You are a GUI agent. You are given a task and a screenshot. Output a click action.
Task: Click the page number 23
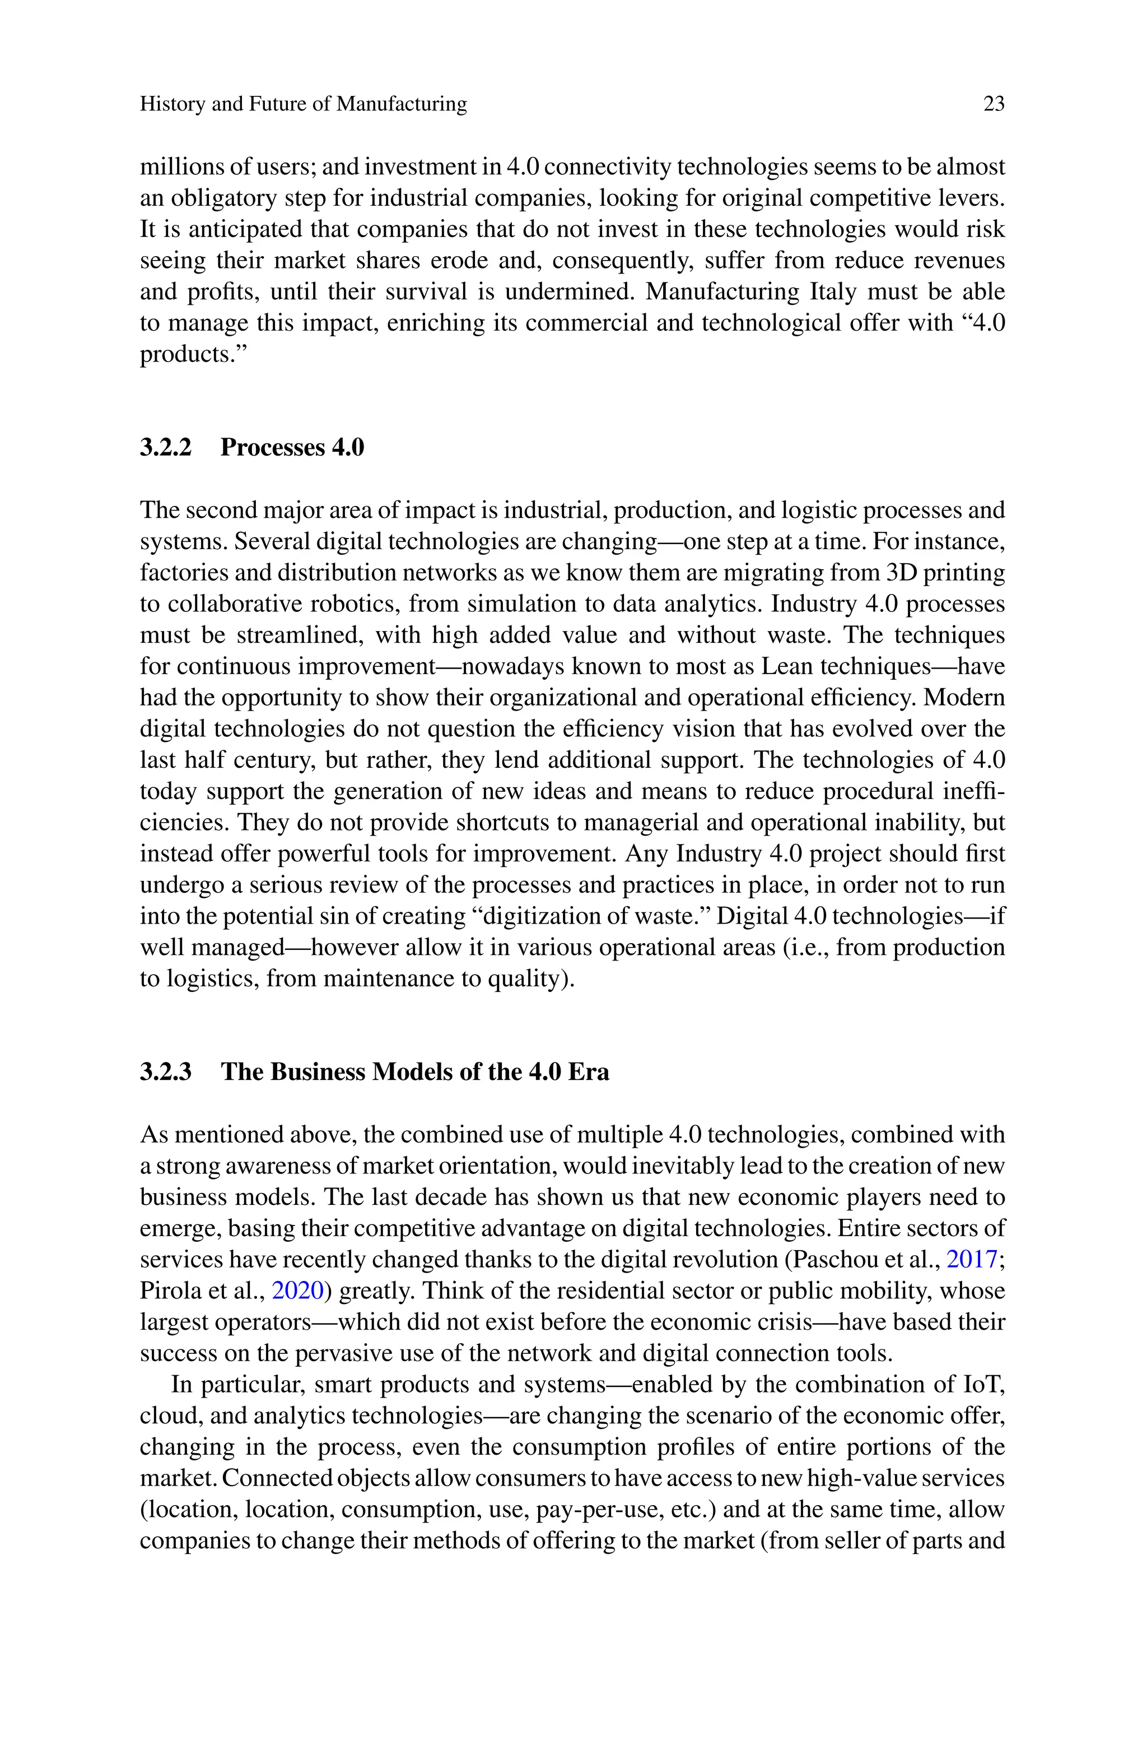pyautogui.click(x=994, y=105)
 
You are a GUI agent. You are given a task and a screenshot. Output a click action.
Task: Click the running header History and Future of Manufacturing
pyautogui.click(x=303, y=105)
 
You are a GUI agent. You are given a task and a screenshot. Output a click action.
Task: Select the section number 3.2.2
pyautogui.click(x=165, y=447)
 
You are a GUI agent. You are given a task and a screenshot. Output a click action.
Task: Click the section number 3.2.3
pyautogui.click(x=165, y=1072)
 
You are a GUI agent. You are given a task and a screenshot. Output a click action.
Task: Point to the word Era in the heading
pyautogui.click(x=588, y=1072)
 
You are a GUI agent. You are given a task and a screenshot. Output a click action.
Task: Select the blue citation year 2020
pyautogui.click(x=297, y=1291)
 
